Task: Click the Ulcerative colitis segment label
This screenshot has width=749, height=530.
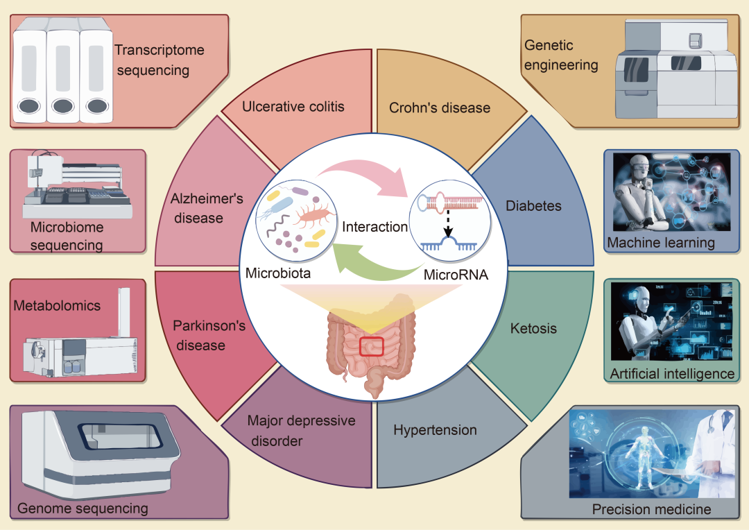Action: coord(293,107)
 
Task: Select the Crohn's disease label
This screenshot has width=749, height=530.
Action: coord(439,108)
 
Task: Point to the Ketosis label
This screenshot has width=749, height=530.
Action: coord(533,328)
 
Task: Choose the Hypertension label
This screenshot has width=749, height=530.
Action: coord(435,430)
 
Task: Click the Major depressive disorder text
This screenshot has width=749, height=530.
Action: coord(301,430)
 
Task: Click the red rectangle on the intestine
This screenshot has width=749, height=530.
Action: coord(372,345)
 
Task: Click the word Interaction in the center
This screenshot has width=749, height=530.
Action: coord(374,227)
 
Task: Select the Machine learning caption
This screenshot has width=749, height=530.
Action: coord(661,243)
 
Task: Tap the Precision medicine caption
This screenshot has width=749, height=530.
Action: coord(651,509)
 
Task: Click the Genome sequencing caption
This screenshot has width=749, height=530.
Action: coord(83,508)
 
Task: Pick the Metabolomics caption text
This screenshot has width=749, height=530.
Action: coord(57,305)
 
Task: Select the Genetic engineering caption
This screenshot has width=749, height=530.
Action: coord(560,55)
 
